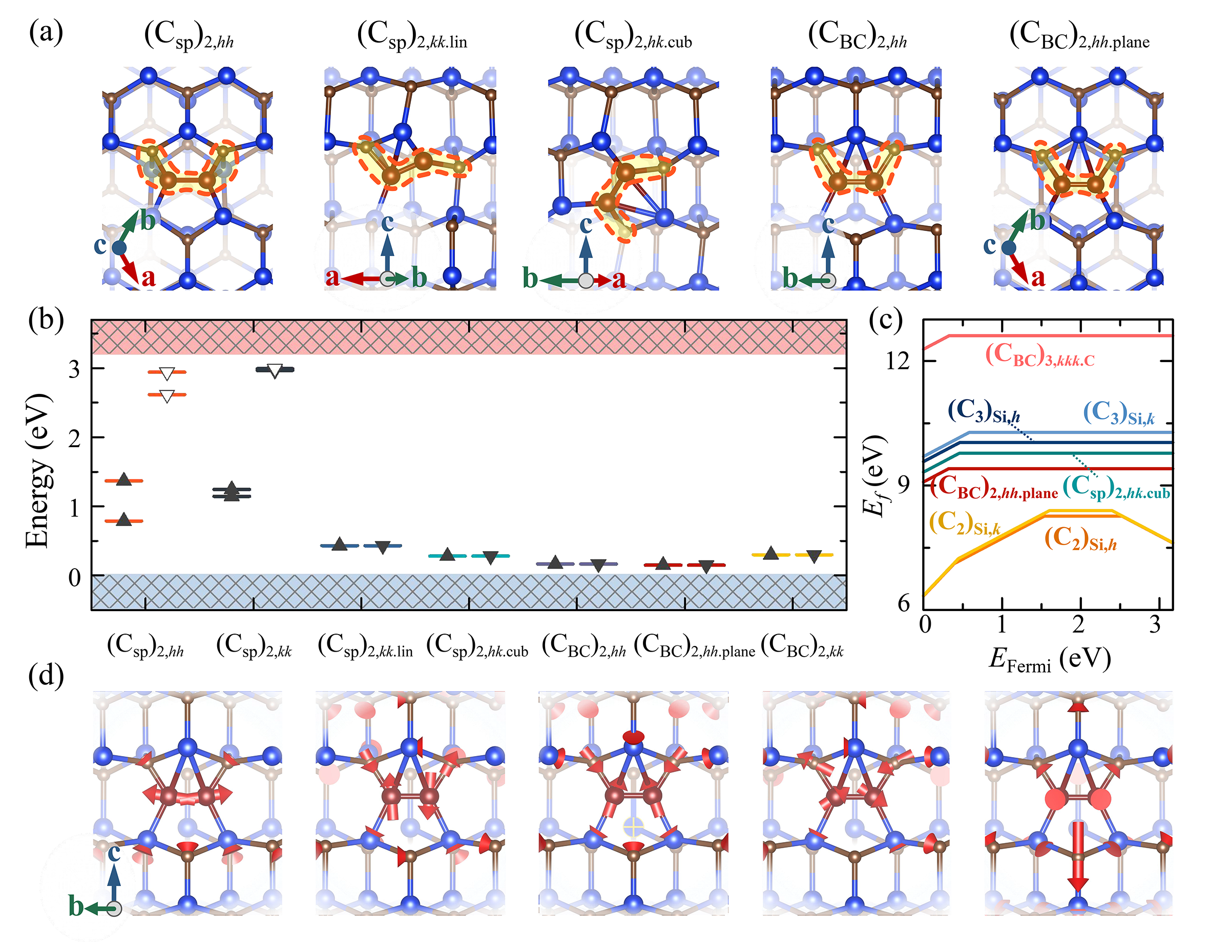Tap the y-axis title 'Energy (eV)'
pos(39,471)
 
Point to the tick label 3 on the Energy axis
pos(74,369)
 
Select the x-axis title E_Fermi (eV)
pos(1049,659)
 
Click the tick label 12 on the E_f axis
pos(898,361)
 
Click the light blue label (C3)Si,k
pos(1119,413)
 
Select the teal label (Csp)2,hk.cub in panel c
pos(1116,488)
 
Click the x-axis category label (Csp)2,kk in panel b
pos(254,645)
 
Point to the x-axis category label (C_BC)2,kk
pos(802,645)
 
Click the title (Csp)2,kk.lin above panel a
pos(412,36)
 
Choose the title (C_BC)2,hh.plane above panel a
pos(1079,36)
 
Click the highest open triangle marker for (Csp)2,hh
pos(167,373)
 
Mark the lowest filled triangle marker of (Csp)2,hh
pos(124,520)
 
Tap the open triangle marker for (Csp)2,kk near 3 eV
pos(275,371)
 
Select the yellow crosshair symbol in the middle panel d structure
pos(633,828)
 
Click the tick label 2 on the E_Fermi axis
pos(1078,625)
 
